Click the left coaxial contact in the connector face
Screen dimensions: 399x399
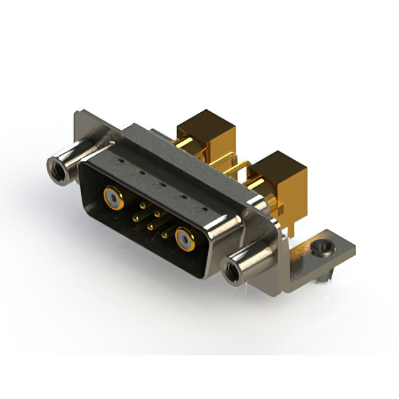pos(112,198)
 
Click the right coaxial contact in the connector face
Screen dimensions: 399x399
pos(185,238)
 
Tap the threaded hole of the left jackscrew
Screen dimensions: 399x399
pos(55,166)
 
